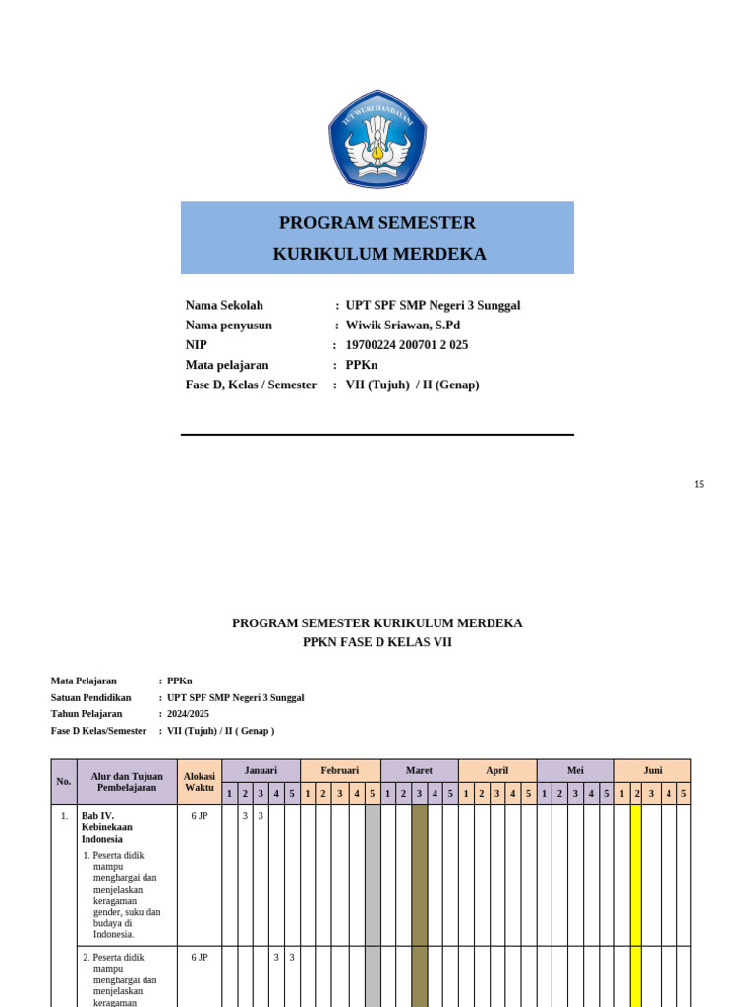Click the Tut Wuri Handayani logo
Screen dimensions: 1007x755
(x=377, y=140)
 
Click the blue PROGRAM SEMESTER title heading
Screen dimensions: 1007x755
(x=377, y=223)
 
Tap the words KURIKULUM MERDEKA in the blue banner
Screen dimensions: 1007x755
(x=379, y=254)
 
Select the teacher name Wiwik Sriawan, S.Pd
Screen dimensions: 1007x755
(x=402, y=326)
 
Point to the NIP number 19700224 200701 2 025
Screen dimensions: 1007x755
(x=406, y=345)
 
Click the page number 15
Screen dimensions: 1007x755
(x=699, y=484)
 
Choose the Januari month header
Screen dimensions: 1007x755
(x=261, y=770)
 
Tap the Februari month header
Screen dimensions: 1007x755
(x=340, y=770)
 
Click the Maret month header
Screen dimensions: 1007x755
(x=419, y=770)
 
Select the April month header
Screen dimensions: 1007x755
(x=497, y=770)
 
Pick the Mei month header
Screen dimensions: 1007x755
(x=575, y=770)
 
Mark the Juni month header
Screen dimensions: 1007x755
(x=653, y=770)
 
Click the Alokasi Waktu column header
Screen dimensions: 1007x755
(x=200, y=782)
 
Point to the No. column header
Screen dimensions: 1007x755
(x=64, y=782)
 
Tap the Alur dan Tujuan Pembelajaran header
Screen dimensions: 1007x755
(x=128, y=782)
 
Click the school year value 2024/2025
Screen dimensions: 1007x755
(x=188, y=714)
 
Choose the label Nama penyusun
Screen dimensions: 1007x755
(x=229, y=326)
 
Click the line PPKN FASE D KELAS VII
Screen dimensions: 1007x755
(x=377, y=642)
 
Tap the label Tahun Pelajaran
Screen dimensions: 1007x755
(x=87, y=714)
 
